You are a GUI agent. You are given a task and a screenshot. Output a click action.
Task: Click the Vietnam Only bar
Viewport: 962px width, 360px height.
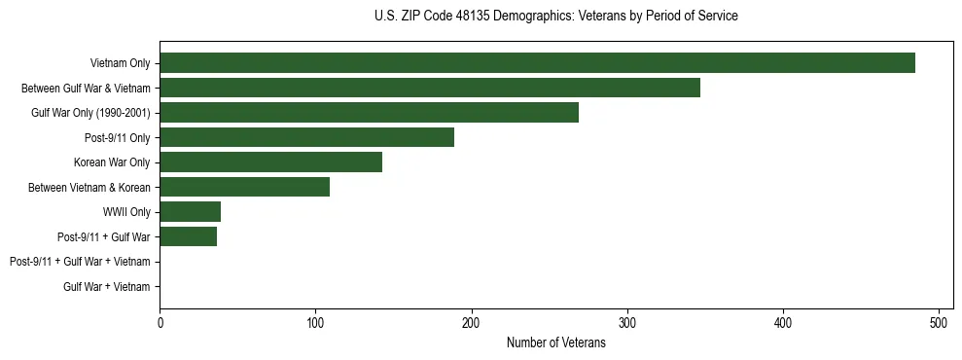537,63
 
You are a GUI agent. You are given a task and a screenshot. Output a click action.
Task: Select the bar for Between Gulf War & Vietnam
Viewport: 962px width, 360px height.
430,88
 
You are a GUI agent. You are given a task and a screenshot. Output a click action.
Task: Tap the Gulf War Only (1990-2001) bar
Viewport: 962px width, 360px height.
369,113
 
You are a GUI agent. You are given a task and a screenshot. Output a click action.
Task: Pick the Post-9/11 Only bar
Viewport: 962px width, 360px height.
306,137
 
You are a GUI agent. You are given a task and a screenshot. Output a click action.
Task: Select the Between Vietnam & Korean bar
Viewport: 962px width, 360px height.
244,187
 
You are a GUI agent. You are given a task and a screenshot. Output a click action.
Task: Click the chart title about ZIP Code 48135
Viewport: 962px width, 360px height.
555,17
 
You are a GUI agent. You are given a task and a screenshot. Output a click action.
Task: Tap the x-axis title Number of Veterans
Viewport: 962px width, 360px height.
555,342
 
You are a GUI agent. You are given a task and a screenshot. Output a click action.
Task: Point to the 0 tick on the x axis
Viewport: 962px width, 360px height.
160,322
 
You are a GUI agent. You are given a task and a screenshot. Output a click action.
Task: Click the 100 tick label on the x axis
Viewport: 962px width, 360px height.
315,322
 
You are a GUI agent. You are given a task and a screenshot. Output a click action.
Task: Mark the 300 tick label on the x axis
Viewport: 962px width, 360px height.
627,322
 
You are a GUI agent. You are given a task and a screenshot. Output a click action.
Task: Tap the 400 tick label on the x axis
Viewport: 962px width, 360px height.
783,322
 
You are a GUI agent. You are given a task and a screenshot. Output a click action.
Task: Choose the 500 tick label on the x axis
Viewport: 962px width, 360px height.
939,322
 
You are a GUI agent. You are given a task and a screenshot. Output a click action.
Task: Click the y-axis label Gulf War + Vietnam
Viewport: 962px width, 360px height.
106,287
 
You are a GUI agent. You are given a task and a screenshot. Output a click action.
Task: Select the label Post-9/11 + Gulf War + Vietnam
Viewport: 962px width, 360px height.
80,262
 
